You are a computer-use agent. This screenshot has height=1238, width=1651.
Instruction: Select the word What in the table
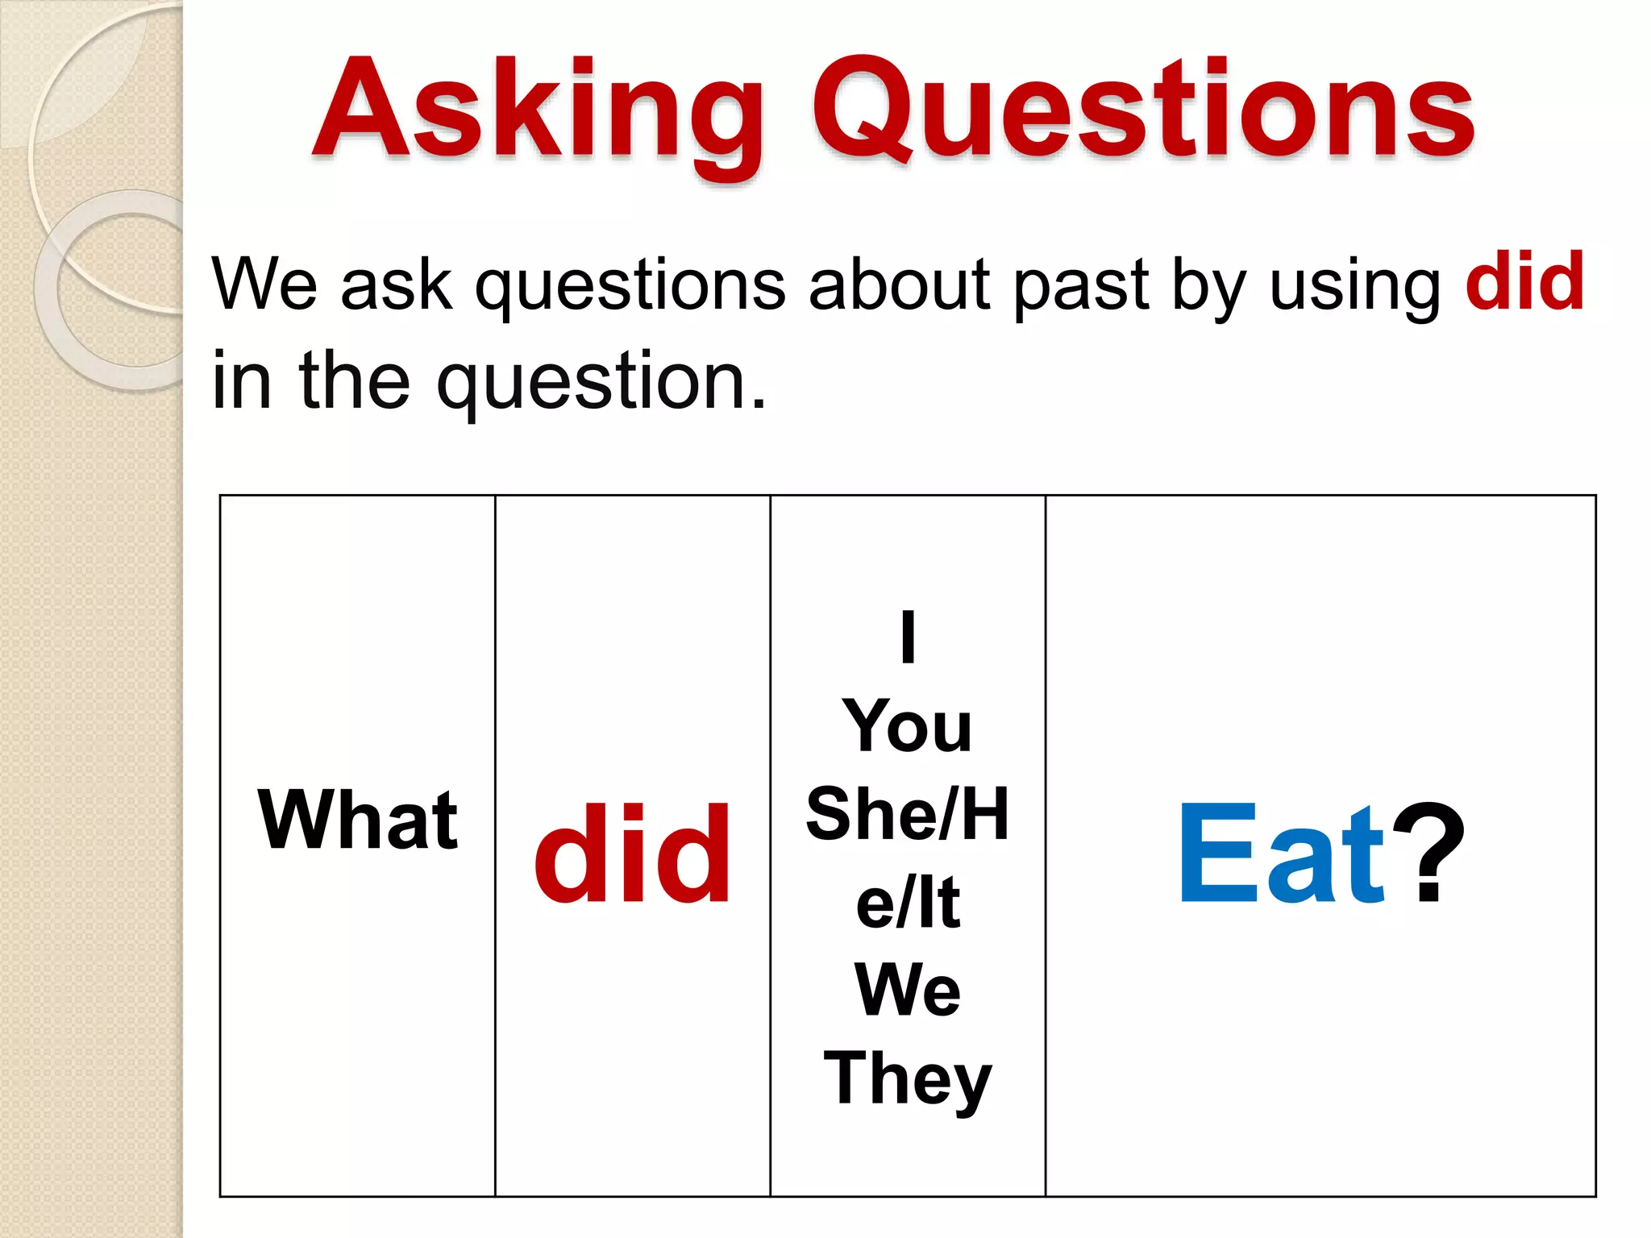point(357,820)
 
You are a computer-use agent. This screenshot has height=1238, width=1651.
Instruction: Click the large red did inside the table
point(632,854)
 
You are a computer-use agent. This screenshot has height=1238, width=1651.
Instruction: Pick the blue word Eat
point(1282,854)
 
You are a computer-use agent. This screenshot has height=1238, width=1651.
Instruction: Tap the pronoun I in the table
point(908,637)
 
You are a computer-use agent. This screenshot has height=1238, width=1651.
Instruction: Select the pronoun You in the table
point(908,725)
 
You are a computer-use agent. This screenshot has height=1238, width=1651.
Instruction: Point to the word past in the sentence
point(1080,286)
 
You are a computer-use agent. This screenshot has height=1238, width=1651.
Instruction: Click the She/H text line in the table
point(908,814)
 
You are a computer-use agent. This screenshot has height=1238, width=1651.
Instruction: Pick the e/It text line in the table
point(908,903)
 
